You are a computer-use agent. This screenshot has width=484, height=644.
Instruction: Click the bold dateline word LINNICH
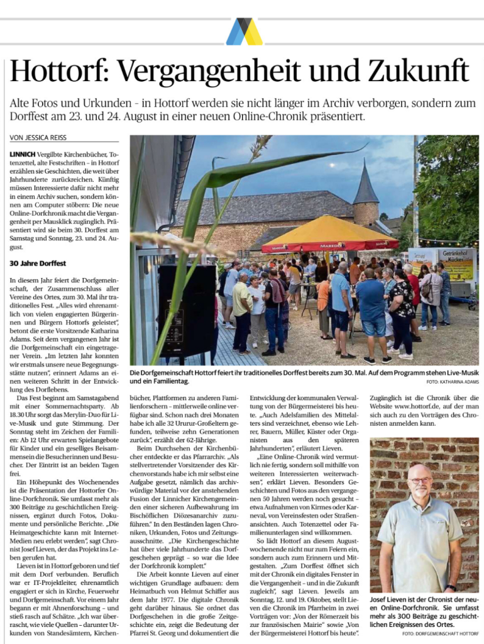click(x=23, y=153)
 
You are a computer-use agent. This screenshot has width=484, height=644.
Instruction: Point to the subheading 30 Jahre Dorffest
click(x=38, y=263)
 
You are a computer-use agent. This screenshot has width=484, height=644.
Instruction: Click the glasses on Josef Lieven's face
click(x=420, y=480)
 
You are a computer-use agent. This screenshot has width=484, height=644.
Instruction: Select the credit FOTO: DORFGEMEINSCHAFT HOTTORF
click(x=439, y=633)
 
